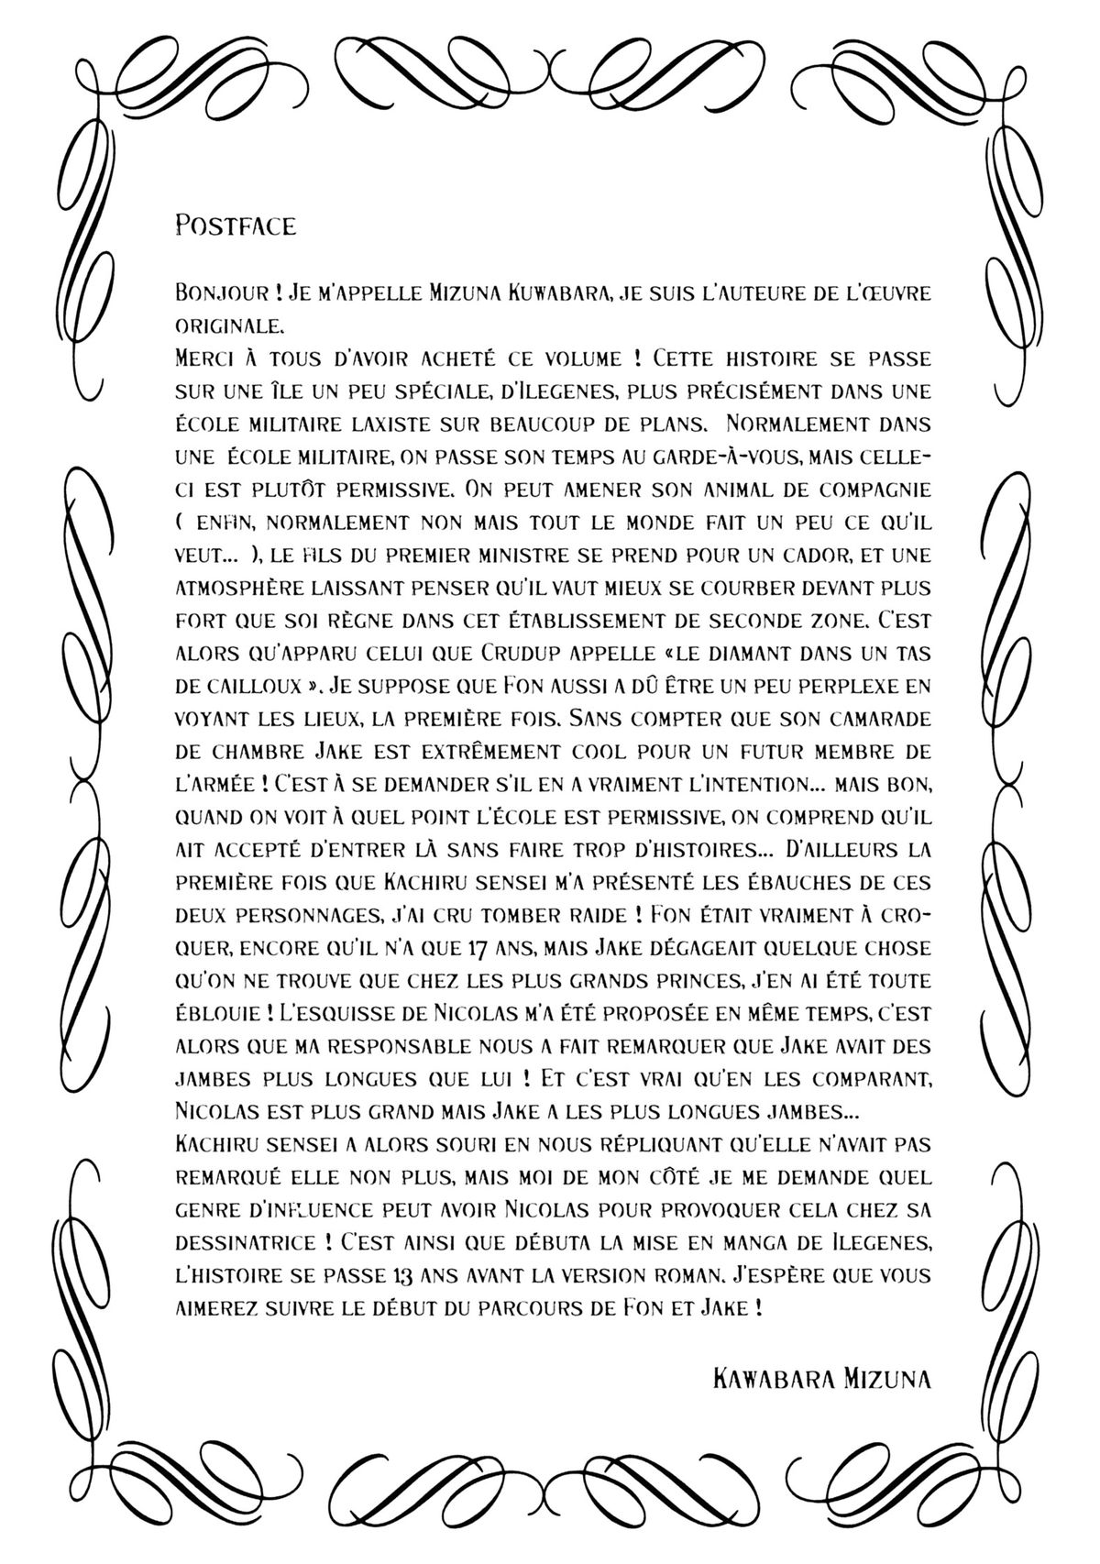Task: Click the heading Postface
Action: [x=235, y=226]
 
